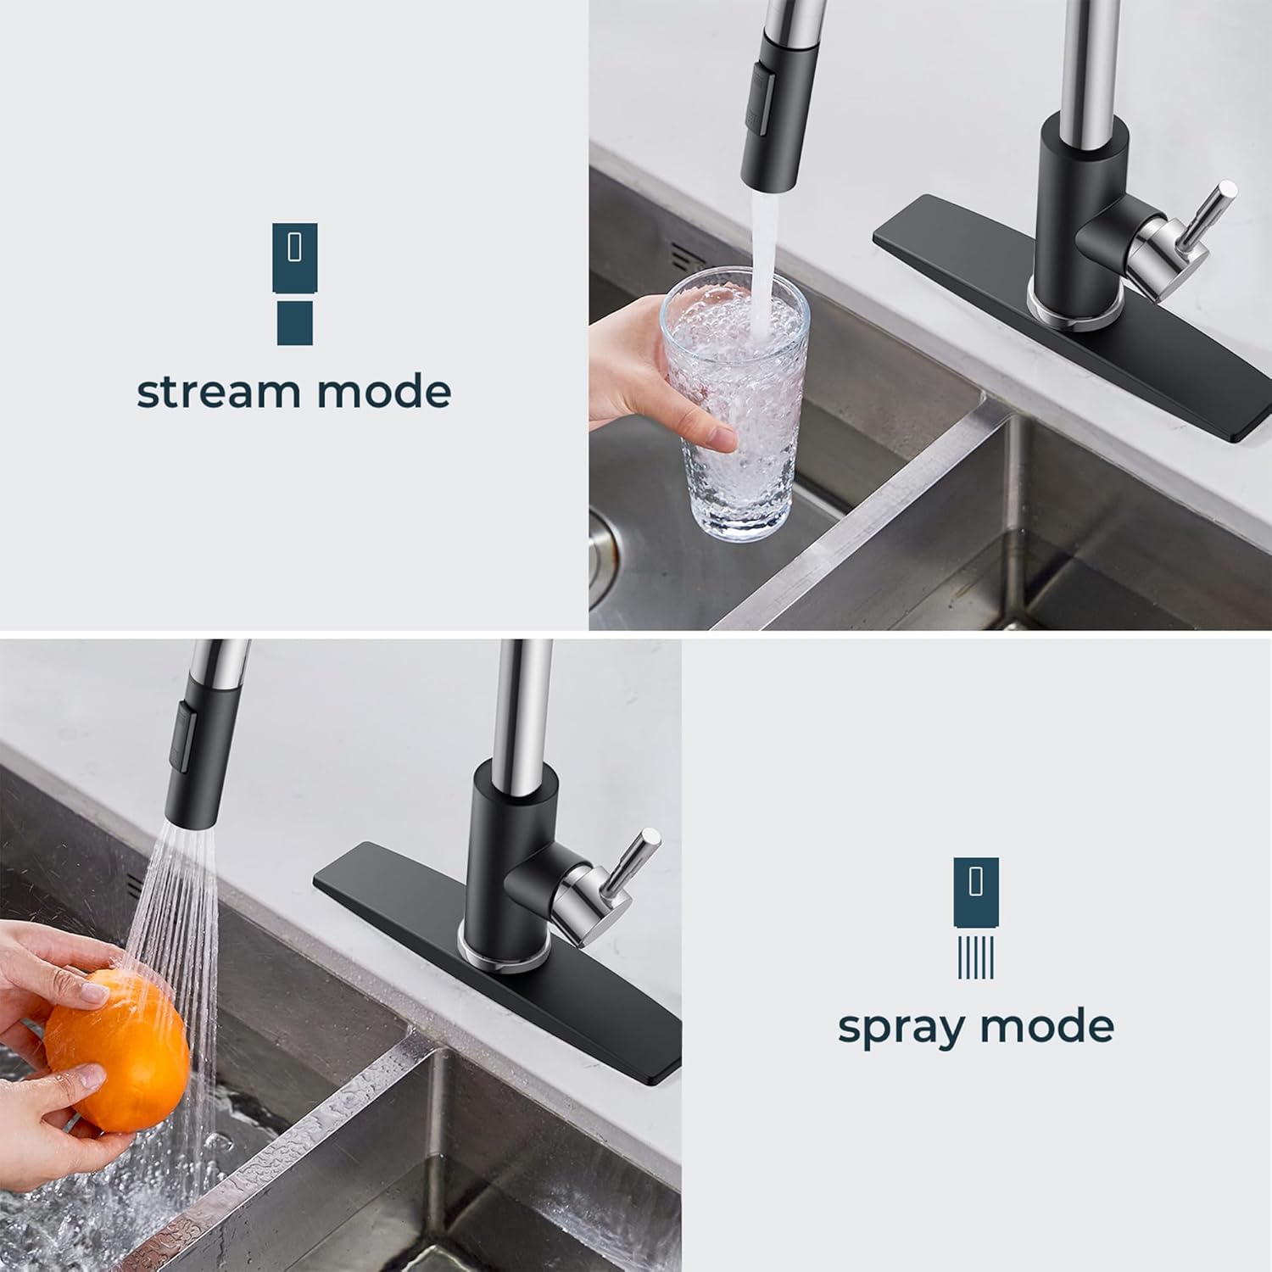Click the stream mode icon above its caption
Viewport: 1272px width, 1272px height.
(x=294, y=283)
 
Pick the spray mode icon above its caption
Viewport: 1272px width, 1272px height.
(x=976, y=918)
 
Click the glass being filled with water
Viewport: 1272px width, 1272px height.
(x=734, y=407)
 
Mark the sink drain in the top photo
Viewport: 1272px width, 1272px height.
(x=604, y=543)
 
